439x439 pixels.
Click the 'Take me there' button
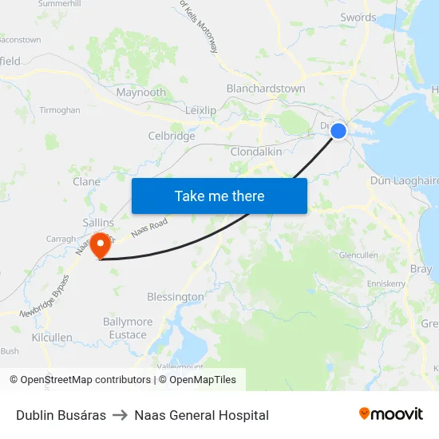tap(219, 196)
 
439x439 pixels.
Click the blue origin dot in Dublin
tap(338, 130)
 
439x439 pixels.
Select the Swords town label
tap(358, 18)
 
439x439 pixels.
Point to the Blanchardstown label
tap(266, 89)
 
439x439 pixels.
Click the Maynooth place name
tap(141, 93)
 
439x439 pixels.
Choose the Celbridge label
tap(172, 136)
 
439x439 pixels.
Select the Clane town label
tap(87, 182)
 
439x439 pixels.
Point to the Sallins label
tap(99, 223)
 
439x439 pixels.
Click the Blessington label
tap(176, 297)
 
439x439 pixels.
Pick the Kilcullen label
tap(52, 338)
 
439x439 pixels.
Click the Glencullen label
tap(358, 255)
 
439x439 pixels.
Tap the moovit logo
tap(391, 414)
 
